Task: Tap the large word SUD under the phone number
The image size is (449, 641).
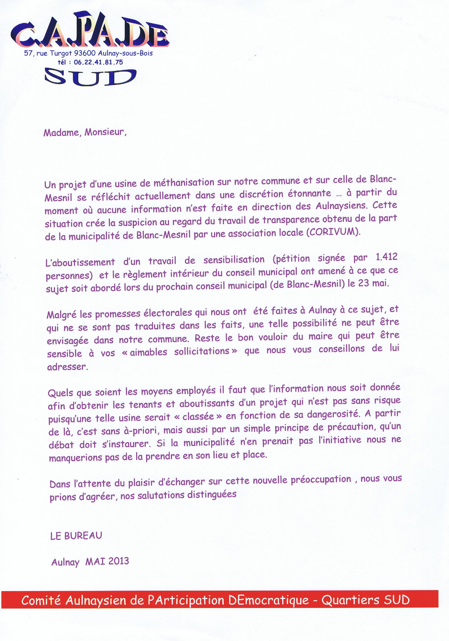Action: point(90,77)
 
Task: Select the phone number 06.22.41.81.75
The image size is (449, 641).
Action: point(98,62)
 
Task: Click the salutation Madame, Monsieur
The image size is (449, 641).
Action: point(85,132)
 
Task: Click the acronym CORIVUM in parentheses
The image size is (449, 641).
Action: point(332,233)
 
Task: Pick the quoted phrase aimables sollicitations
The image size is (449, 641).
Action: point(179,351)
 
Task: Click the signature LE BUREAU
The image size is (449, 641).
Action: point(76,536)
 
